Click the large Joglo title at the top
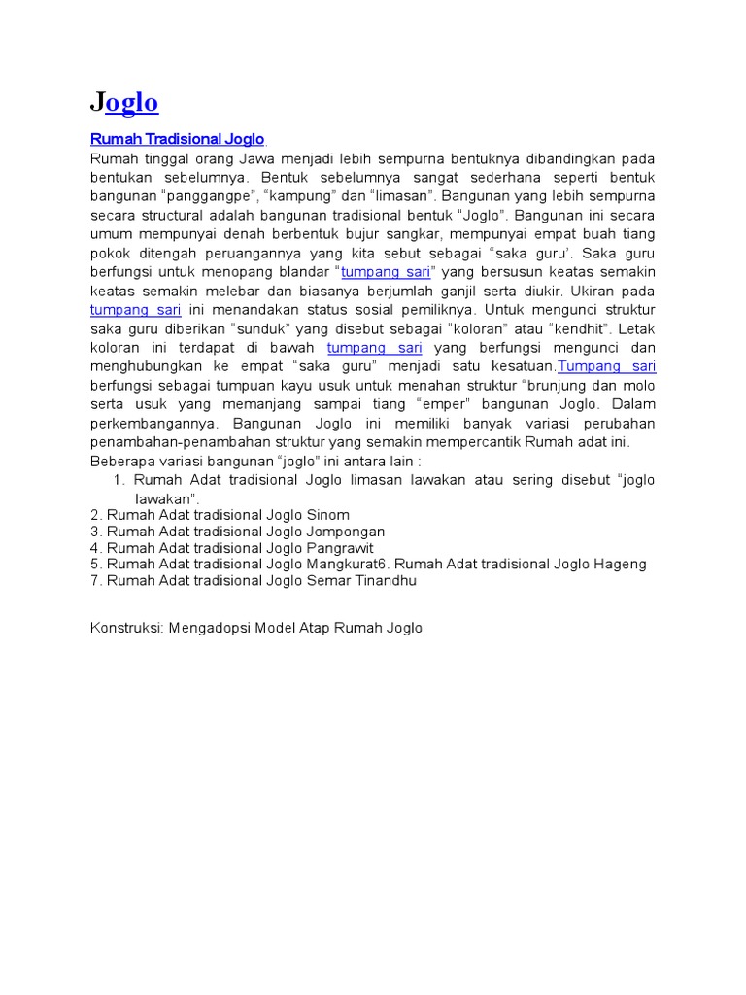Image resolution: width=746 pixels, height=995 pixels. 124,103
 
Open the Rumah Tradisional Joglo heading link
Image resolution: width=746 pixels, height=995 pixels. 177,140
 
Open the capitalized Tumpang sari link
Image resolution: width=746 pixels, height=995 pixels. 607,366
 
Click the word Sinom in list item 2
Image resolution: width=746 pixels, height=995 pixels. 327,515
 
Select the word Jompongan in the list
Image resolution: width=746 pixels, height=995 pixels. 345,532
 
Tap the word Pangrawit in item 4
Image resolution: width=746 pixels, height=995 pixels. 339,548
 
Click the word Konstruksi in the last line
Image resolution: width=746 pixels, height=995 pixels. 126,629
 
